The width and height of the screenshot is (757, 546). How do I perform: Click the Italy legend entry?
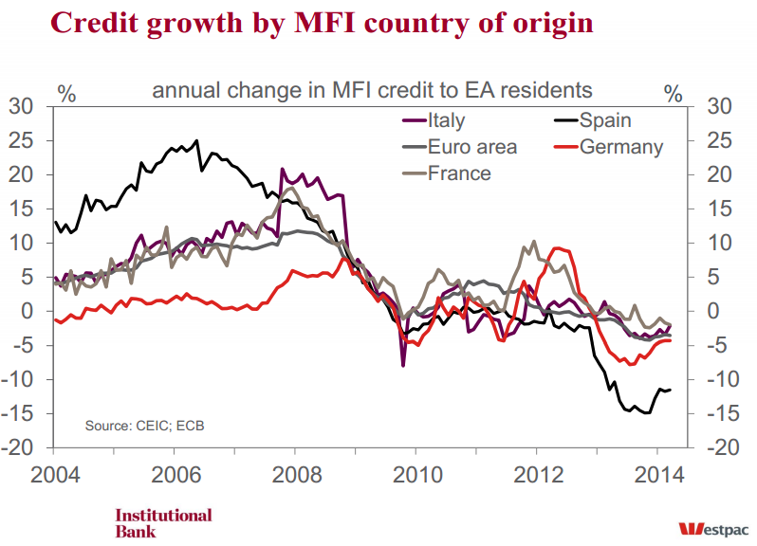point(447,120)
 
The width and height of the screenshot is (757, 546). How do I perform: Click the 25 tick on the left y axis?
point(21,140)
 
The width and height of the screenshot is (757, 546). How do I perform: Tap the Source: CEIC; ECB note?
point(144,425)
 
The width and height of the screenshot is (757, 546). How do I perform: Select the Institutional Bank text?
point(163,523)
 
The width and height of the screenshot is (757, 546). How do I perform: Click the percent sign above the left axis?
point(66,93)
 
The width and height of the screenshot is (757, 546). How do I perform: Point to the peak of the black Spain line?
point(196,141)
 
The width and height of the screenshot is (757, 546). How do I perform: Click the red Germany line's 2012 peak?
point(560,248)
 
